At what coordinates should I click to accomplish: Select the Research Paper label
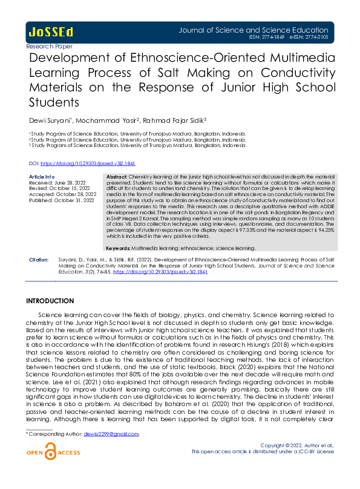pos(50,46)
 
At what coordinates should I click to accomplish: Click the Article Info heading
pos(42,176)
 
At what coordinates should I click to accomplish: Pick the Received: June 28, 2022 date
pos(54,182)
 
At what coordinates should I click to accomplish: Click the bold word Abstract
pos(116,176)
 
